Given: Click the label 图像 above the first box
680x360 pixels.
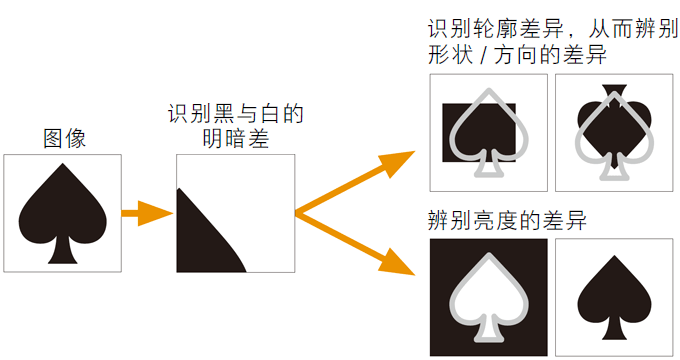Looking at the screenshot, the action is click(x=64, y=138).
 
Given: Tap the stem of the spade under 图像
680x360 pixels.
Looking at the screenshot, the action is click(x=63, y=251).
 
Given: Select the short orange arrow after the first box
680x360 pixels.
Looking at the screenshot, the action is click(x=146, y=213).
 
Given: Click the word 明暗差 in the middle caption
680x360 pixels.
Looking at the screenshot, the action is click(x=234, y=139).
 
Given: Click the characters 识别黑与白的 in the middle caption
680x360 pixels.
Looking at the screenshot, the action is click(x=235, y=114).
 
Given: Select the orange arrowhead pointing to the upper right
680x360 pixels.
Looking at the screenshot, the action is click(x=395, y=161).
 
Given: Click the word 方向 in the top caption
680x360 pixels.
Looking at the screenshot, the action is click(x=509, y=55).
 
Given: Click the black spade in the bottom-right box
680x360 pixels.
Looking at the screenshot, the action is click(x=613, y=295).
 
